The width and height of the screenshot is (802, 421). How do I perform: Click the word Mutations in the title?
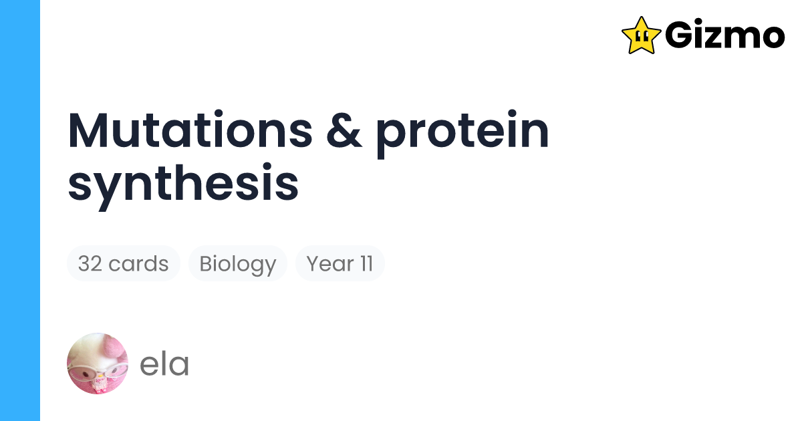coord(190,132)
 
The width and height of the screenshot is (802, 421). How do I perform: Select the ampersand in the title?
coord(345,132)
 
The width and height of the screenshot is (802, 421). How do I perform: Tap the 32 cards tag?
coord(123,264)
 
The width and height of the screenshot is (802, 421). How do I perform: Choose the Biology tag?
coord(237,264)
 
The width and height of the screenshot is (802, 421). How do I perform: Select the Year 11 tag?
coord(340,264)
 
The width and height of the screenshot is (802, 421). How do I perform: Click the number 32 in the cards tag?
coord(90,264)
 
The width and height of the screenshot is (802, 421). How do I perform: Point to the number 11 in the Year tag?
coord(366,264)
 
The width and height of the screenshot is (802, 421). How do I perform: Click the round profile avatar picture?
coord(98,364)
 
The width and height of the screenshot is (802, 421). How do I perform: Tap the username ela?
coord(164,364)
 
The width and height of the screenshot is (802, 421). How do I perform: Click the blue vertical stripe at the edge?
coord(20,210)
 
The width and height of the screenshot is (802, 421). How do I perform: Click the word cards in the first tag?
coord(138,264)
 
